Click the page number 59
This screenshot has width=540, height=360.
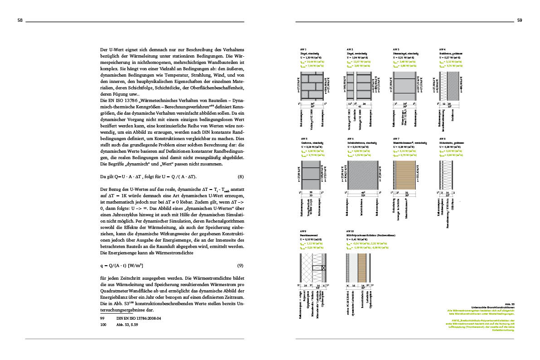[520, 20]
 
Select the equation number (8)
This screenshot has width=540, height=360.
[240, 176]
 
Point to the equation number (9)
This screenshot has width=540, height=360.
[240, 265]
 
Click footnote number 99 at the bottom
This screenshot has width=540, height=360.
[103, 319]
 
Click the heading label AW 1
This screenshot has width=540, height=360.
[303, 49]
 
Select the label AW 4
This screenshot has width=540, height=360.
[442, 49]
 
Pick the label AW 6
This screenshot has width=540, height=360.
[350, 139]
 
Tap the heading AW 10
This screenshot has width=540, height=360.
[350, 231]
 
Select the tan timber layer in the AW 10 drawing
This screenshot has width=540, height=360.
[362, 268]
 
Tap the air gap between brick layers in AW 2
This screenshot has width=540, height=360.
[355, 86]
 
